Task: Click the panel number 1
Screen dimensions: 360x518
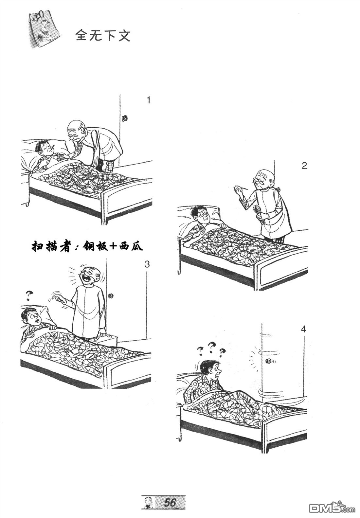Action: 149,100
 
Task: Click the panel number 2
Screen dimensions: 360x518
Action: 304,166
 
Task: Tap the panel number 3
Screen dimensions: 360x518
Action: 147,264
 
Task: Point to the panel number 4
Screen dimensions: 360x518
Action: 304,329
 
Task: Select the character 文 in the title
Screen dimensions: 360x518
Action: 124,36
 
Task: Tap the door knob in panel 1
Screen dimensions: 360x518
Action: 125,118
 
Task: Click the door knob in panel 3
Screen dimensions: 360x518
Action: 111,295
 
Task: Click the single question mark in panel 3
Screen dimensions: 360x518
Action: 29,296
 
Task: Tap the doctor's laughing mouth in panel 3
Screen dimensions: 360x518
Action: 88,280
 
